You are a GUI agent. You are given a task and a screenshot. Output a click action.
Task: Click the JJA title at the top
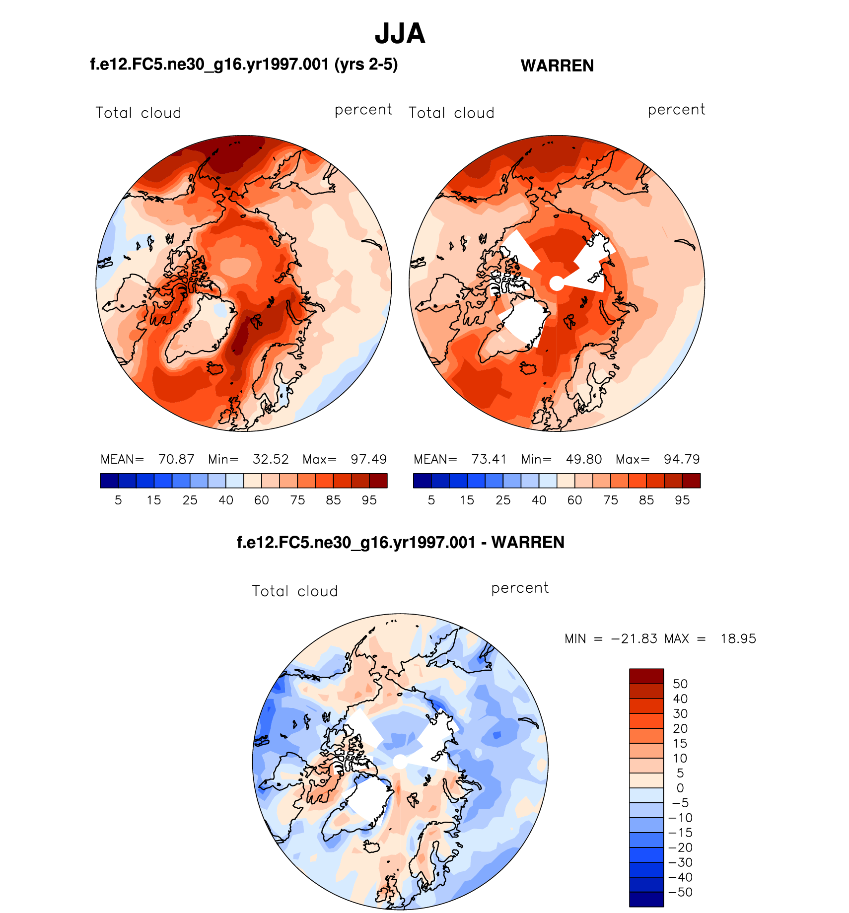click(400, 34)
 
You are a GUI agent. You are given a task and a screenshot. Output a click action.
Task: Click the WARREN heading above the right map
click(557, 66)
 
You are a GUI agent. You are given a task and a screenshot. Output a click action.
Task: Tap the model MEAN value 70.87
click(176, 459)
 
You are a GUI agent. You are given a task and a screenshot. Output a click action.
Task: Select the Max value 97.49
click(368, 459)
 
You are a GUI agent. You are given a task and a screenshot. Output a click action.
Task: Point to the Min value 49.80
click(584, 459)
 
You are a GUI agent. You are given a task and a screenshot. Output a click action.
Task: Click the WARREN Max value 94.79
click(682, 459)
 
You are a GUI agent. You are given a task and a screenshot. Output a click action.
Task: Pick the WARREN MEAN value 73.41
click(489, 459)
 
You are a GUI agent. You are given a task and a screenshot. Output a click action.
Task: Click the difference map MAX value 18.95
click(738, 638)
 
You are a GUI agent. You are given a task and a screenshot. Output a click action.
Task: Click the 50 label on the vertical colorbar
click(680, 684)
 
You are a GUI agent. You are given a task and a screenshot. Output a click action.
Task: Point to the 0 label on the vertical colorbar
click(680, 788)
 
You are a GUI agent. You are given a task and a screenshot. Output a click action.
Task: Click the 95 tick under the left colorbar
click(369, 500)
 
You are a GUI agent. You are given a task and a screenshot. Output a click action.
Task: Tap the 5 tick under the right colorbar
click(431, 500)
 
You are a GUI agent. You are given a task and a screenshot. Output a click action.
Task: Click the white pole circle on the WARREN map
click(557, 283)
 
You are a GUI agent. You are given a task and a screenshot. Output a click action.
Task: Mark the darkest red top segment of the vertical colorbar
click(646, 676)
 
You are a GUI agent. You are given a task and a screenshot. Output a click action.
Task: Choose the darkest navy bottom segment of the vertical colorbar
click(646, 899)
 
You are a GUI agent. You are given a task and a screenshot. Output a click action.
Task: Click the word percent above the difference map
click(520, 588)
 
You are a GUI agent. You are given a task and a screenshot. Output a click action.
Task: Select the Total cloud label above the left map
click(138, 113)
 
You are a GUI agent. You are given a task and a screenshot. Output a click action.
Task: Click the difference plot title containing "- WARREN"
click(400, 542)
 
